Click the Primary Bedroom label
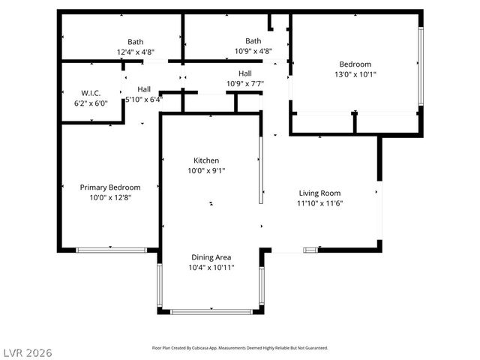(x=110, y=187)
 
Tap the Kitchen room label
(x=206, y=160)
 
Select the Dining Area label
(x=211, y=256)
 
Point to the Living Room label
(x=320, y=193)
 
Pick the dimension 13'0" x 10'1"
(x=355, y=74)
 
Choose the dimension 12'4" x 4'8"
(x=136, y=52)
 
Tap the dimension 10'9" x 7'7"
(x=245, y=83)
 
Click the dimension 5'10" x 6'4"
(x=143, y=99)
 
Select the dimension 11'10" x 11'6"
(x=320, y=203)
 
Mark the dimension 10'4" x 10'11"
(x=211, y=267)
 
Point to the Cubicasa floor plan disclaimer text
(x=239, y=348)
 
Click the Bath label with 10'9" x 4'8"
(x=253, y=41)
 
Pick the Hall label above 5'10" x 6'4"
(x=143, y=89)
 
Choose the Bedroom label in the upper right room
(x=355, y=64)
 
